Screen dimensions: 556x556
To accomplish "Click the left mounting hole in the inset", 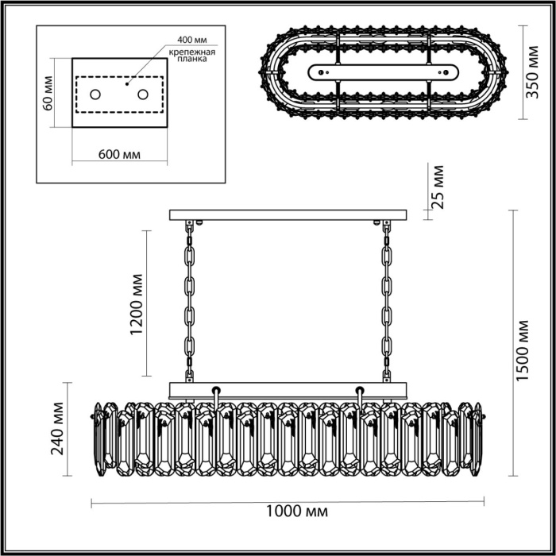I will click(95, 95).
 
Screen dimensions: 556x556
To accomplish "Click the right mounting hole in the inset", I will click(144, 95).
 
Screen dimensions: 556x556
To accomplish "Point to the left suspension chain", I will click(190, 302).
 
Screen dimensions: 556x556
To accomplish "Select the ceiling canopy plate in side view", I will click(288, 214).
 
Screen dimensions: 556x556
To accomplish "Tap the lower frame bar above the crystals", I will click(288, 388).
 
